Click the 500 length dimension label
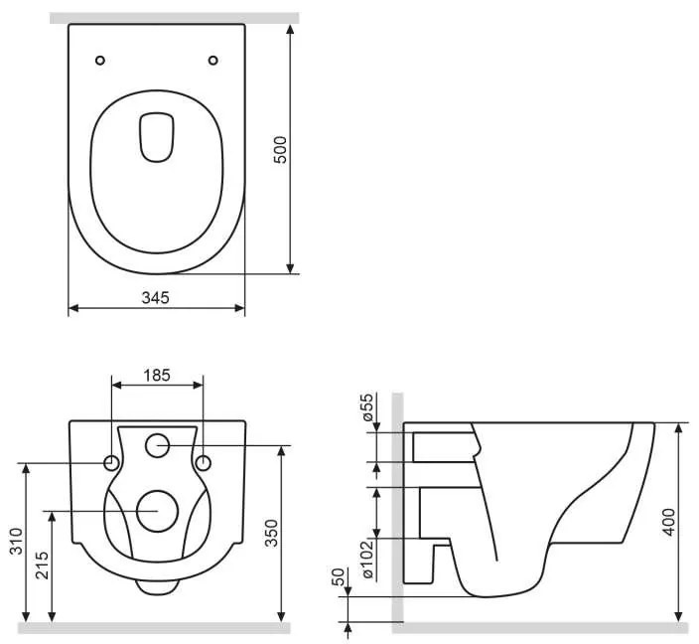(x=280, y=150)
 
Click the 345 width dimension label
(x=156, y=298)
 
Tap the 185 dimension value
(x=157, y=376)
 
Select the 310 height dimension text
(x=17, y=542)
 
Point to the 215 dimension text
(x=43, y=565)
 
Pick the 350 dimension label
(x=271, y=533)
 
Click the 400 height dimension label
(x=668, y=522)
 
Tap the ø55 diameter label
(x=367, y=407)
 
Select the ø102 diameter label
(x=368, y=560)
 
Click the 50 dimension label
(x=339, y=576)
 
